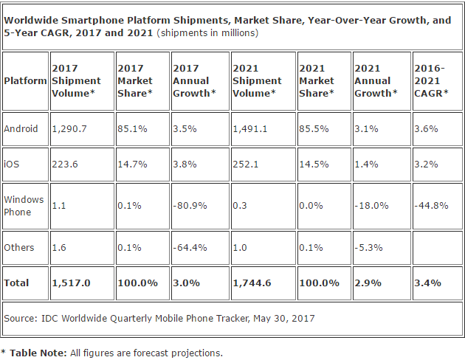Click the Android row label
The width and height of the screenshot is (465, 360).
21,128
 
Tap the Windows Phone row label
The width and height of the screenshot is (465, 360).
24,206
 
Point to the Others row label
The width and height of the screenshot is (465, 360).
19,247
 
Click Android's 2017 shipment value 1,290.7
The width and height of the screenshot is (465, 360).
69,128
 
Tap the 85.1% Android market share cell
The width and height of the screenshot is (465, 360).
131,128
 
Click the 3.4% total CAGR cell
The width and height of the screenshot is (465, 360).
426,283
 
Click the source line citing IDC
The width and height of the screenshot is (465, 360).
159,318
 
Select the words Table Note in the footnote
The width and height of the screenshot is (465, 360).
36,353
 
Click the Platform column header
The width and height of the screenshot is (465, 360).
25,80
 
